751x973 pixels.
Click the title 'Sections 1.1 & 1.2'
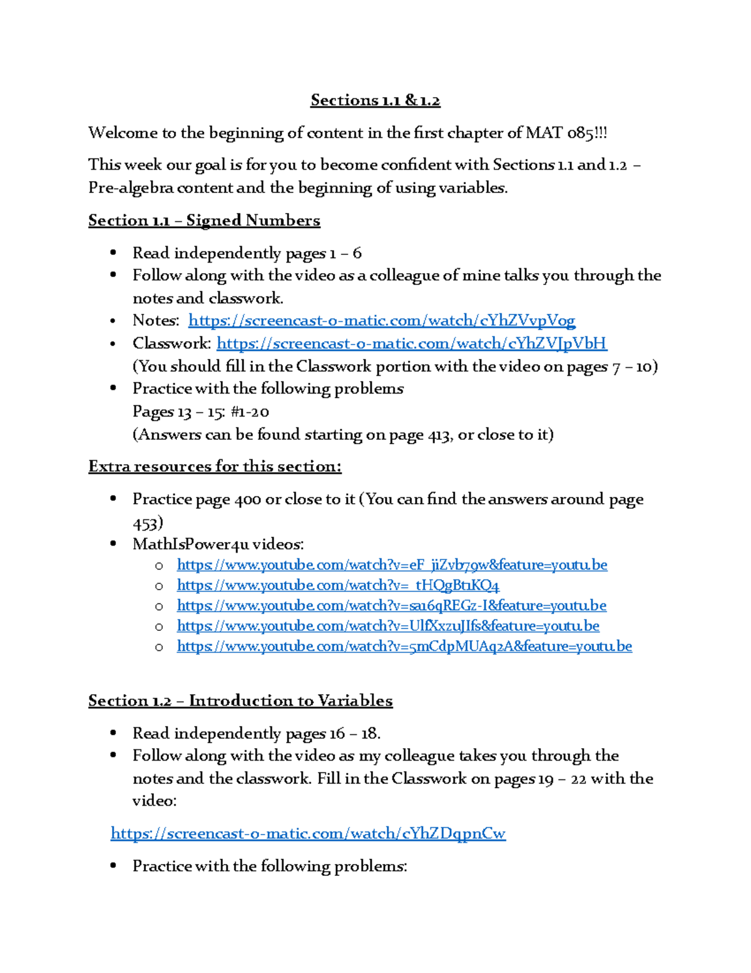pos(375,100)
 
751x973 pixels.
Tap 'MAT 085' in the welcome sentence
pos(558,133)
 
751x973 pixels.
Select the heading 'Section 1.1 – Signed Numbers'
pos(204,221)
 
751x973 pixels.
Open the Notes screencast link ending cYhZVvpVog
pos(381,321)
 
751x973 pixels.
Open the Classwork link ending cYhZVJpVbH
pos(411,343)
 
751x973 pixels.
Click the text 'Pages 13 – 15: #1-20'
pos(200,412)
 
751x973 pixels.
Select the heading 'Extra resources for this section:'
pos(215,467)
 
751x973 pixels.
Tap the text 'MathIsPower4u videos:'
pos(218,544)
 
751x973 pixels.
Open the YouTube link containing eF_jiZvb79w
pos(392,565)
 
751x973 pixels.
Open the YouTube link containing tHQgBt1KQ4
pos(338,585)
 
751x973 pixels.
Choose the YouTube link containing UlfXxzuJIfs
pos(388,626)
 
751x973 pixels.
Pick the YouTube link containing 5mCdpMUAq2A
pos(404,646)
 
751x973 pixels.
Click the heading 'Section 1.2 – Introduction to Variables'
pos(240,700)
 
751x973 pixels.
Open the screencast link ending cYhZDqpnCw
pos(308,833)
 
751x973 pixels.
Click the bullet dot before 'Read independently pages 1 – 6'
pos(113,253)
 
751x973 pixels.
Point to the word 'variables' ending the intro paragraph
pos(474,188)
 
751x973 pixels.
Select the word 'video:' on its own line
pos(155,801)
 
